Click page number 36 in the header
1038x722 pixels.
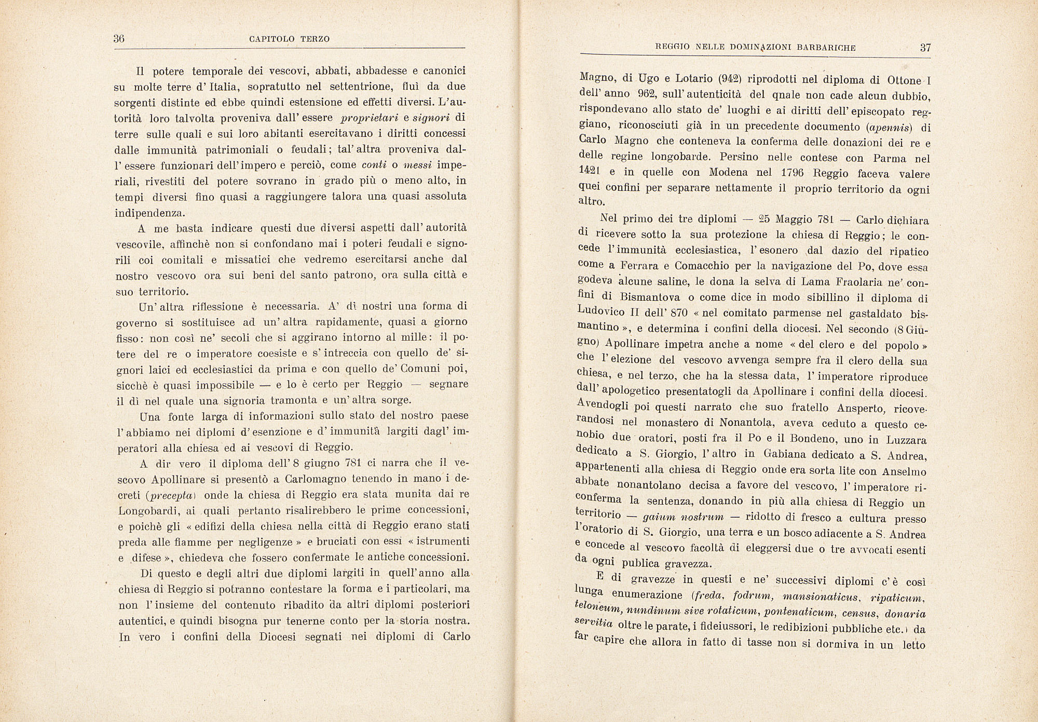tap(119, 39)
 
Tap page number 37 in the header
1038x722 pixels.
tap(925, 48)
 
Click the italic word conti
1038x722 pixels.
tap(374, 165)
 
